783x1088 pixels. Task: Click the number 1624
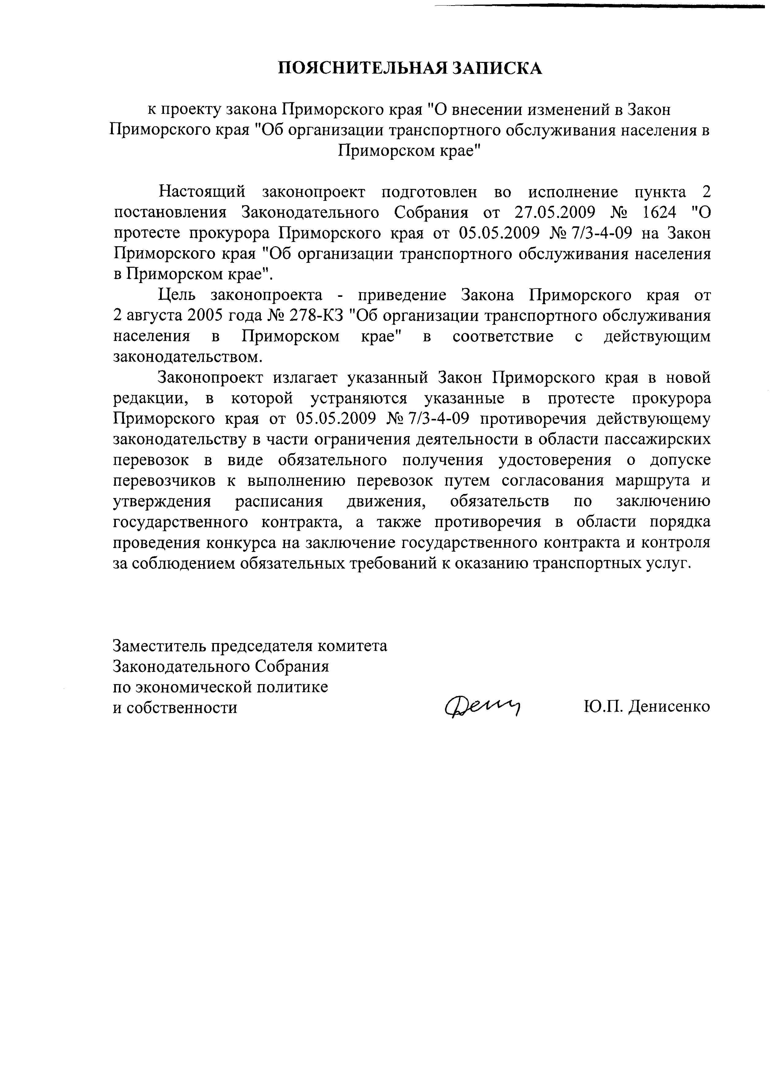click(659, 213)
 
